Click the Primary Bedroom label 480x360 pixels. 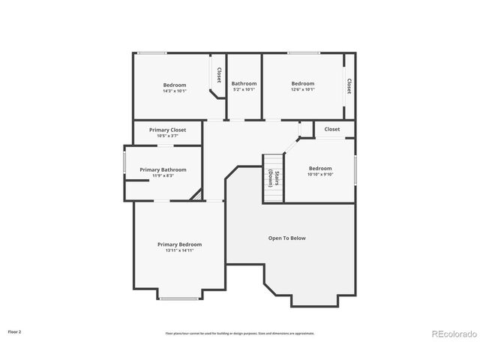pyautogui.click(x=179, y=244)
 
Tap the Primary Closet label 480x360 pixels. pyautogui.click(x=167, y=130)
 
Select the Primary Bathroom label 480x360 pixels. pyautogui.click(x=163, y=169)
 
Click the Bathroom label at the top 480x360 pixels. pyautogui.click(x=244, y=83)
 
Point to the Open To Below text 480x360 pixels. pyautogui.click(x=287, y=238)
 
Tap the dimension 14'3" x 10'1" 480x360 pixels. pyautogui.click(x=175, y=91)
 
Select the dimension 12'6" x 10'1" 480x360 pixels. pyautogui.click(x=303, y=90)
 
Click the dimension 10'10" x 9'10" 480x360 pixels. pyautogui.click(x=320, y=175)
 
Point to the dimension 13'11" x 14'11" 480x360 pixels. pyautogui.click(x=179, y=250)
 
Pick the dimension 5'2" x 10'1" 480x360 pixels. pyautogui.click(x=244, y=90)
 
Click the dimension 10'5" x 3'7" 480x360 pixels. pyautogui.click(x=167, y=136)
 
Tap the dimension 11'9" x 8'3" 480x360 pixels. pyautogui.click(x=163, y=175)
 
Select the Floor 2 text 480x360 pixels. pyautogui.click(x=15, y=331)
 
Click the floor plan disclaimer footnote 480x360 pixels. pyautogui.click(x=240, y=333)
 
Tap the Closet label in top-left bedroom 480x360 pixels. pyautogui.click(x=218, y=75)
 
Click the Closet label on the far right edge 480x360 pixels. pyautogui.click(x=349, y=86)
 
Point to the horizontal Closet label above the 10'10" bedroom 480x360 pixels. pyautogui.click(x=331, y=129)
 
